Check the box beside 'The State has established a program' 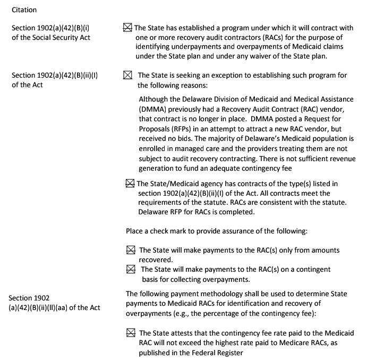point(127,28)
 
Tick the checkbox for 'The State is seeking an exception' point(128,76)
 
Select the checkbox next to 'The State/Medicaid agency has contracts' point(130,184)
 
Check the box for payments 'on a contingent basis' point(131,270)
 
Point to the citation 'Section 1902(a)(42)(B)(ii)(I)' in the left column point(55,76)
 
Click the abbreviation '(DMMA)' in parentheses point(152,108)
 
